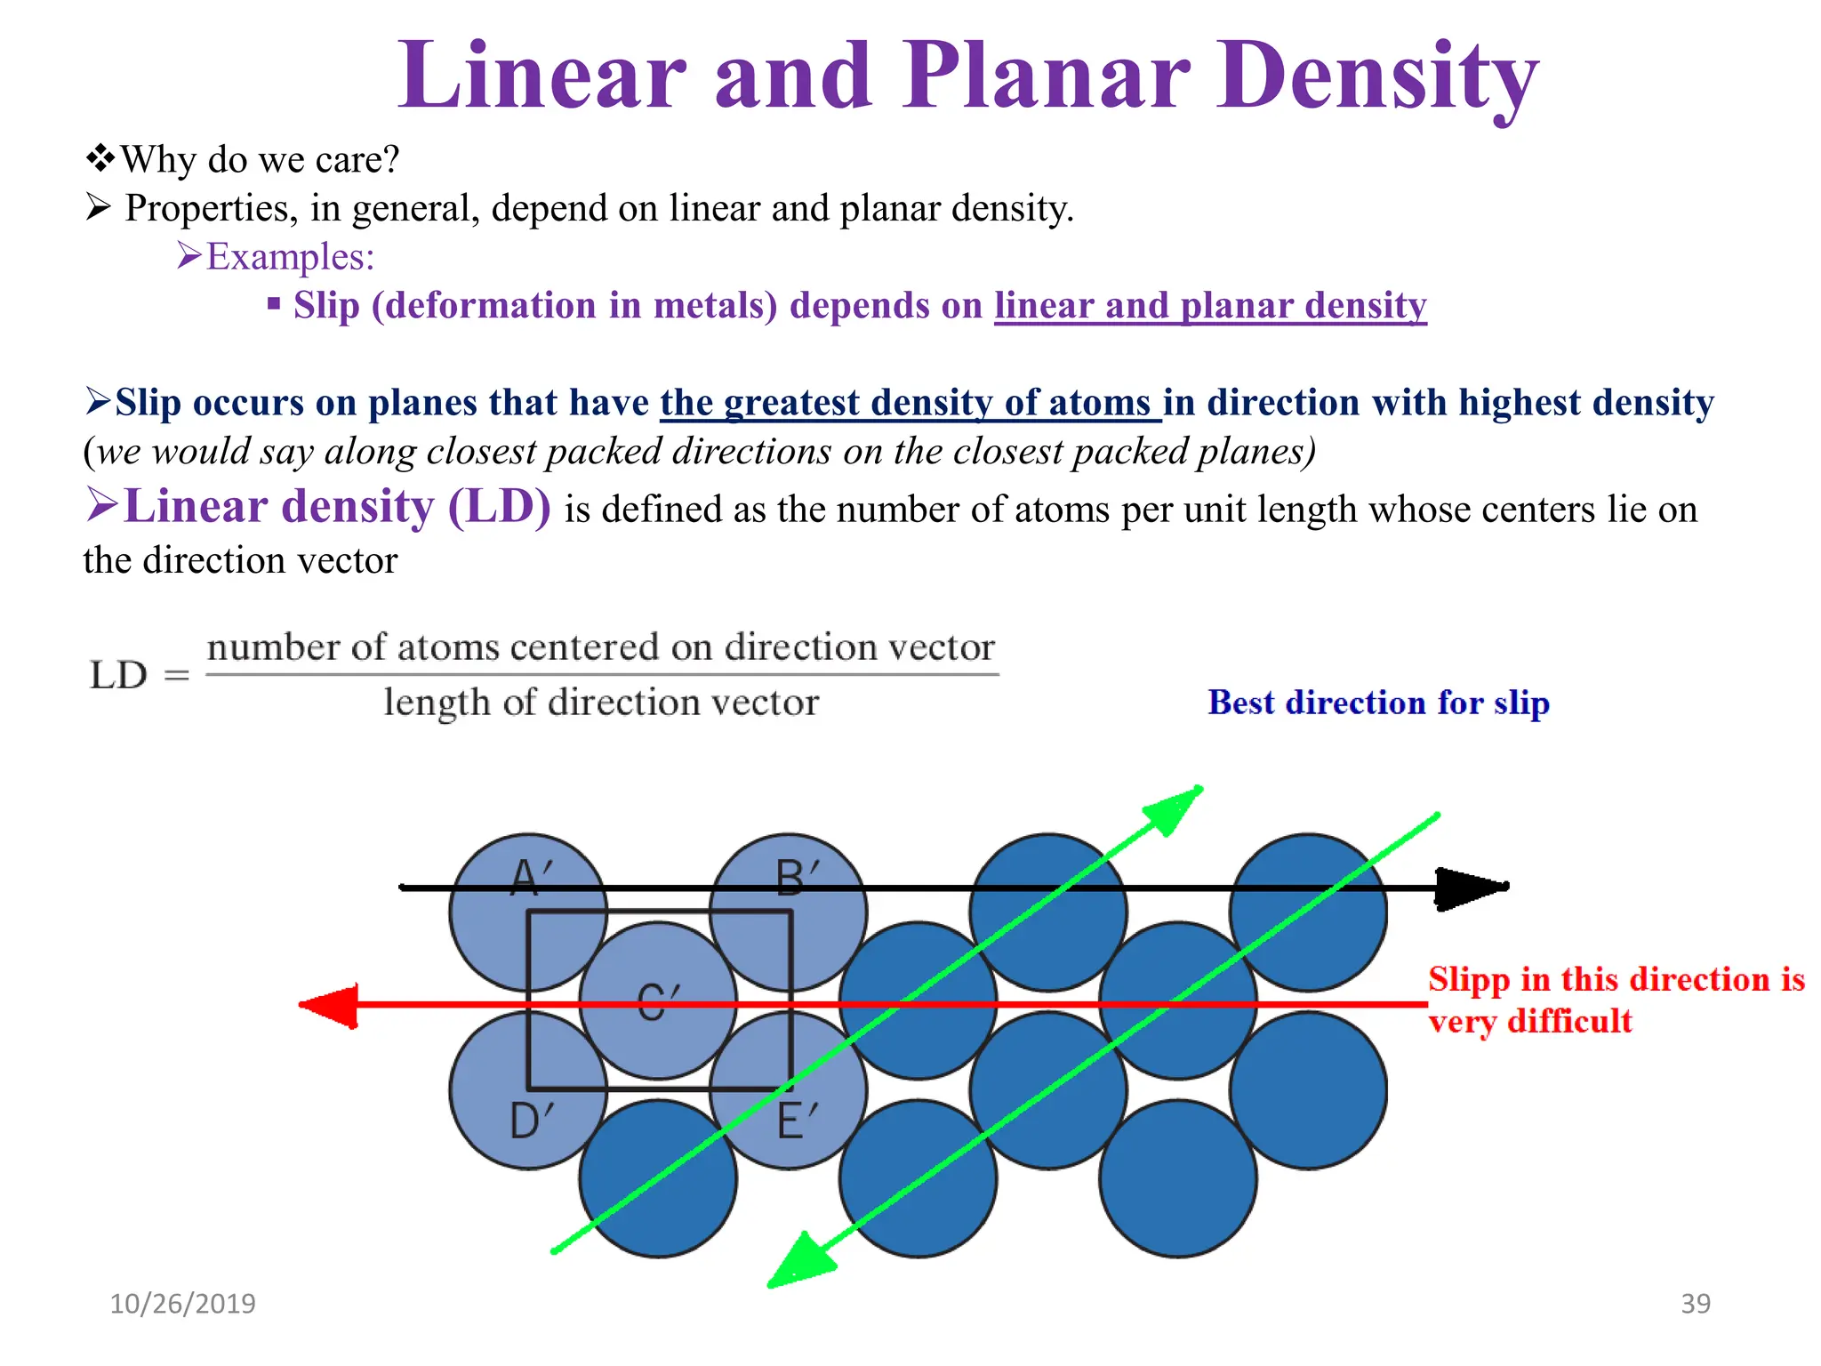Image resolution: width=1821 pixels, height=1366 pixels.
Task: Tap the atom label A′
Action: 532,878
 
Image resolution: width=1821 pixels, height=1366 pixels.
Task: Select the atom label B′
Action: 797,878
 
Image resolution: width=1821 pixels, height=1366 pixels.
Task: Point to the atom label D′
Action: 532,1121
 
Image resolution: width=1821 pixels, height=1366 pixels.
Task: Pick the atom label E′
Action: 797,1121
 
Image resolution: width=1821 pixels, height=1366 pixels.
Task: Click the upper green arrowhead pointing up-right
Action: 1174,809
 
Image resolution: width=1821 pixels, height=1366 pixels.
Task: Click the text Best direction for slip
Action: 1378,703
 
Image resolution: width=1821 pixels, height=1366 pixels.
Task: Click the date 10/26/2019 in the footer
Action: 182,1304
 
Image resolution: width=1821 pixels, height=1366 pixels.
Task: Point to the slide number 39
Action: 1696,1304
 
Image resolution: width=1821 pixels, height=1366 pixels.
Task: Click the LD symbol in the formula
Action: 118,675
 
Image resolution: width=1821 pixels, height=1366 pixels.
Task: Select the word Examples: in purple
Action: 290,257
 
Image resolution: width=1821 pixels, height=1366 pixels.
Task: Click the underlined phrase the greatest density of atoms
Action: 907,403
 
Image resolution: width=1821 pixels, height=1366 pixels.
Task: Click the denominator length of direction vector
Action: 601,703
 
